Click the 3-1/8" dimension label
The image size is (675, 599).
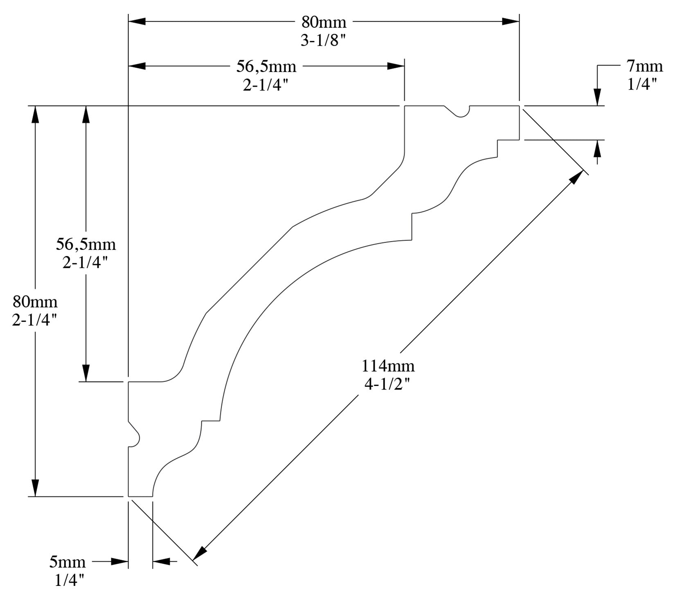324,41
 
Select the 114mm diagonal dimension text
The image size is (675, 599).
387,366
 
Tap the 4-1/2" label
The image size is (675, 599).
387,385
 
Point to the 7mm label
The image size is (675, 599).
644,66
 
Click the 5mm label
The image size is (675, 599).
67,562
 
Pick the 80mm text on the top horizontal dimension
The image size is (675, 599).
324,22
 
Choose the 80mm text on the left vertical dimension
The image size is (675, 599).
35,302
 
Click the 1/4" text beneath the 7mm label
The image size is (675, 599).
642,84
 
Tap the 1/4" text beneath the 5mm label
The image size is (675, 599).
70,581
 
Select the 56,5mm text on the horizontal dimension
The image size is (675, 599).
266,67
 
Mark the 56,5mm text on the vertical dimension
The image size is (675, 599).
86,245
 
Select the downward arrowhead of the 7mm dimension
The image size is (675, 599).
598,97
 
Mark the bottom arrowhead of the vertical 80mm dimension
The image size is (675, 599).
35,487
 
